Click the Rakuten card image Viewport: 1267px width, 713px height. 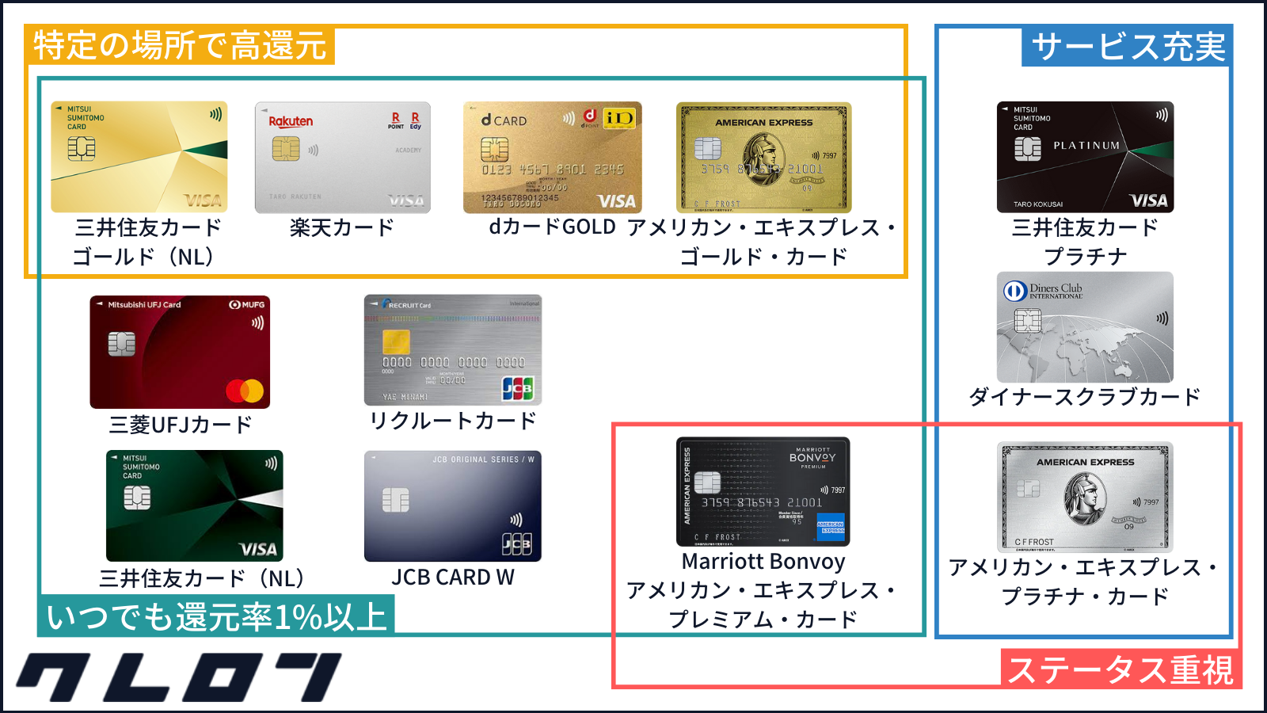click(342, 157)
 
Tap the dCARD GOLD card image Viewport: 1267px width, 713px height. click(552, 157)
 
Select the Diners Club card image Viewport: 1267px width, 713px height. click(1085, 327)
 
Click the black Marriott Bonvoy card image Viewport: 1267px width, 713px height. click(763, 491)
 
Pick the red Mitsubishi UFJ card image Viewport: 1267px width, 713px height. click(180, 352)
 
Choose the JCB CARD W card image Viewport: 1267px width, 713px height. click(452, 506)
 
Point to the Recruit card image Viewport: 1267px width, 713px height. click(452, 350)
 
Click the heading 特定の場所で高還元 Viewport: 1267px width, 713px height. click(180, 45)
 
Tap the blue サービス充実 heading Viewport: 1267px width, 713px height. click(1128, 47)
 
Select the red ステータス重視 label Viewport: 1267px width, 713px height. click(1121, 669)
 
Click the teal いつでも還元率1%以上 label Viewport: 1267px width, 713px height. click(216, 616)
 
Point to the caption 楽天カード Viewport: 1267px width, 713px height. click(342, 228)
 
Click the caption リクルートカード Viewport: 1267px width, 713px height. click(452, 421)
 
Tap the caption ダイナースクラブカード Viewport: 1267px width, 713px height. click(1085, 397)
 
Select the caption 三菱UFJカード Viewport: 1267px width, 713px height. click(180, 425)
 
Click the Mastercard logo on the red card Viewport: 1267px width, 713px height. click(245, 391)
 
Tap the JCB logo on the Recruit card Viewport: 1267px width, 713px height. click(517, 388)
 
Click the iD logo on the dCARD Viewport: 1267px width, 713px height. click(618, 118)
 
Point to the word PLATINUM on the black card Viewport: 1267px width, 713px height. click(1086, 146)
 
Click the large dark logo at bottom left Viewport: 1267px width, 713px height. click(178, 677)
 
